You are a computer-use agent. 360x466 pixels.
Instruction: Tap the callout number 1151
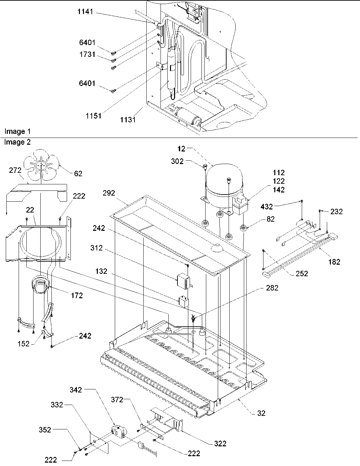tap(93, 116)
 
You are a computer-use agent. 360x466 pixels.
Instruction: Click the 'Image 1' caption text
tap(15, 131)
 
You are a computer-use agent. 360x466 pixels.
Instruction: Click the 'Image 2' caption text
tap(17, 142)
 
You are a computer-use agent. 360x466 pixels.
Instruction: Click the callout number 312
tap(97, 248)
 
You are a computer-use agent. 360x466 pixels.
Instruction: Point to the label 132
tap(101, 271)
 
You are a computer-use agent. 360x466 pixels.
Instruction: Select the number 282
tap(272, 288)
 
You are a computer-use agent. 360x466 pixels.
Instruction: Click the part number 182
tap(334, 262)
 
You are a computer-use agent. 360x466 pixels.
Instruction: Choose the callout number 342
tap(76, 390)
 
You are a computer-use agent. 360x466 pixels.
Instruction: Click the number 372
tap(117, 400)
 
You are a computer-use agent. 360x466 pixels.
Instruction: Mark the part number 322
tap(220, 443)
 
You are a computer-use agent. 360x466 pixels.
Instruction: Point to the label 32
tap(261, 413)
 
